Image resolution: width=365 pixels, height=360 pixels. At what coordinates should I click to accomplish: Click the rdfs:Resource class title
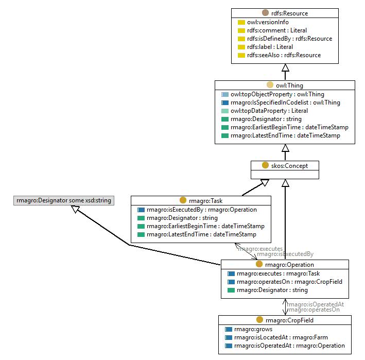click(x=289, y=13)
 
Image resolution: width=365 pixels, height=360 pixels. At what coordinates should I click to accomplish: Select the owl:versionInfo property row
click(x=268, y=22)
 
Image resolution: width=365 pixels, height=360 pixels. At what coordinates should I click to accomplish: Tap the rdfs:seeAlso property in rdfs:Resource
click(x=284, y=55)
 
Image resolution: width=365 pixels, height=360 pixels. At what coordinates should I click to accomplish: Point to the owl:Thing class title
click(x=289, y=85)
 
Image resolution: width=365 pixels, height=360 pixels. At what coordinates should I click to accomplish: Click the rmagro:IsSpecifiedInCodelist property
click(x=285, y=102)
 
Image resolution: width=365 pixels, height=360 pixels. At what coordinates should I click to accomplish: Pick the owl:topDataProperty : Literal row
click(x=269, y=111)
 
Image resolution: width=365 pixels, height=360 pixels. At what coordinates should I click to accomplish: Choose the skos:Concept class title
click(x=289, y=166)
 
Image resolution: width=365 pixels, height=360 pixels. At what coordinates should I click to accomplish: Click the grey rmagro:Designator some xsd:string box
click(x=64, y=200)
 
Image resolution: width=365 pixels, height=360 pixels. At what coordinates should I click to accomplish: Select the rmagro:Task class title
click(x=205, y=201)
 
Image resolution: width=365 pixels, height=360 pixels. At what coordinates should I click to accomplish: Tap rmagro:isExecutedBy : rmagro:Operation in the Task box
click(x=202, y=210)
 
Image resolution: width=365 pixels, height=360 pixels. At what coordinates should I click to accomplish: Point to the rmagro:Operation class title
click(x=289, y=265)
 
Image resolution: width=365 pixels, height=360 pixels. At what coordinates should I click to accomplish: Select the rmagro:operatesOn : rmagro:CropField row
click(x=289, y=282)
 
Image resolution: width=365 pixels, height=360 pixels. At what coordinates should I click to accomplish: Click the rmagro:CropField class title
click(x=289, y=320)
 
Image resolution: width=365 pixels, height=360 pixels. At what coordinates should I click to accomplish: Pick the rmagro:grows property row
click(x=253, y=329)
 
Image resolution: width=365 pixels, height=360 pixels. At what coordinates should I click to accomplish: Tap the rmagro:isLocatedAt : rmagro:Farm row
click(x=281, y=337)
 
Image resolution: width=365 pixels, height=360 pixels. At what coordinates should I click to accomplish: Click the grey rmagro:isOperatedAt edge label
click(x=315, y=304)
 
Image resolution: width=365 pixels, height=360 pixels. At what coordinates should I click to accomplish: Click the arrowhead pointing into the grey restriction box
click(x=76, y=209)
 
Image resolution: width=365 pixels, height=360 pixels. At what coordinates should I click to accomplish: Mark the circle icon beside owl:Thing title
click(x=270, y=85)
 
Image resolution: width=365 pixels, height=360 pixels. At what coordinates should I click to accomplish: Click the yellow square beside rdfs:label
click(x=241, y=47)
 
